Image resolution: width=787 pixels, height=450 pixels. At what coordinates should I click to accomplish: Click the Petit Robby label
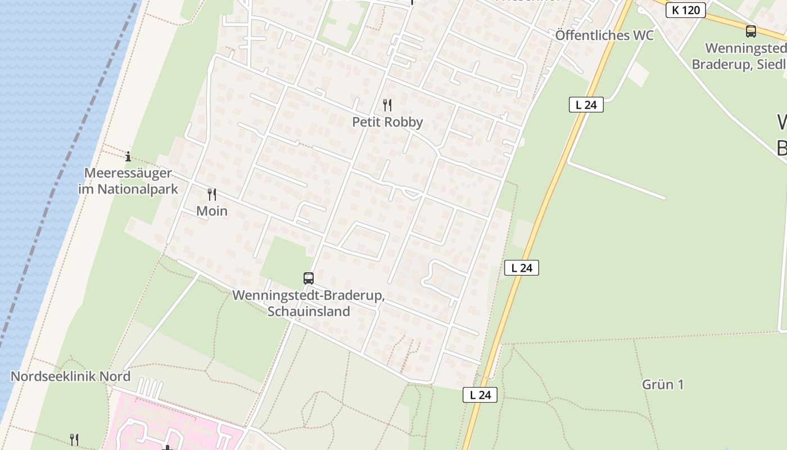coord(387,122)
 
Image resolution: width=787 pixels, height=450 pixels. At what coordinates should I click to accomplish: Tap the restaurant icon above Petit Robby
coord(387,105)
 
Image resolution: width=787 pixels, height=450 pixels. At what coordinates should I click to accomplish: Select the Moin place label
coord(212,211)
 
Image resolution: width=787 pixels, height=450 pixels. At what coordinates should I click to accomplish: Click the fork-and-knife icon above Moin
coord(212,195)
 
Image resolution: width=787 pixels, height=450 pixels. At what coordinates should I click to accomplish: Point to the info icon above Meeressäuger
coord(128,156)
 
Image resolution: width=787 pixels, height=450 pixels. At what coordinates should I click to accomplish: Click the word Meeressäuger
coord(128,173)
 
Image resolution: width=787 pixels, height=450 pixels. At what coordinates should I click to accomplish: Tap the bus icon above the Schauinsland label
coord(309,278)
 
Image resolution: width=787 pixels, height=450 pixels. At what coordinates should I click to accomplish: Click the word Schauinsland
coord(309,312)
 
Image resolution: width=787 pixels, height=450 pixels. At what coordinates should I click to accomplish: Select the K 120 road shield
coord(685,10)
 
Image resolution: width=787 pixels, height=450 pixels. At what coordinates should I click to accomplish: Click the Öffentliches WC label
coord(604,35)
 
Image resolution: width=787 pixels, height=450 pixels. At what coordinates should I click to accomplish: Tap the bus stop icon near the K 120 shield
coord(751,31)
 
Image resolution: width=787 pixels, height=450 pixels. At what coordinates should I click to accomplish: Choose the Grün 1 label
coord(663,385)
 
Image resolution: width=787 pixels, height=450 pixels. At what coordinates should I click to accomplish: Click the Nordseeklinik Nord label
coord(70,376)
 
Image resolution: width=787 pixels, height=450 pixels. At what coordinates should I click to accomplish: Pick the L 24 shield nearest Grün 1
coord(481,395)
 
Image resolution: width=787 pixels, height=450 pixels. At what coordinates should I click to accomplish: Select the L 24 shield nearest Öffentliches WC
coord(586,105)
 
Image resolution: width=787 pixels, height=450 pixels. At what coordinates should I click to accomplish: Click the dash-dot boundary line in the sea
coord(62,186)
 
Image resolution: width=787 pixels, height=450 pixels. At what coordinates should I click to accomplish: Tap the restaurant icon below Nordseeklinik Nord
coord(74,439)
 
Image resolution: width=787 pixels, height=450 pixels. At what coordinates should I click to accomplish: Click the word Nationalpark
coord(138,189)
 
